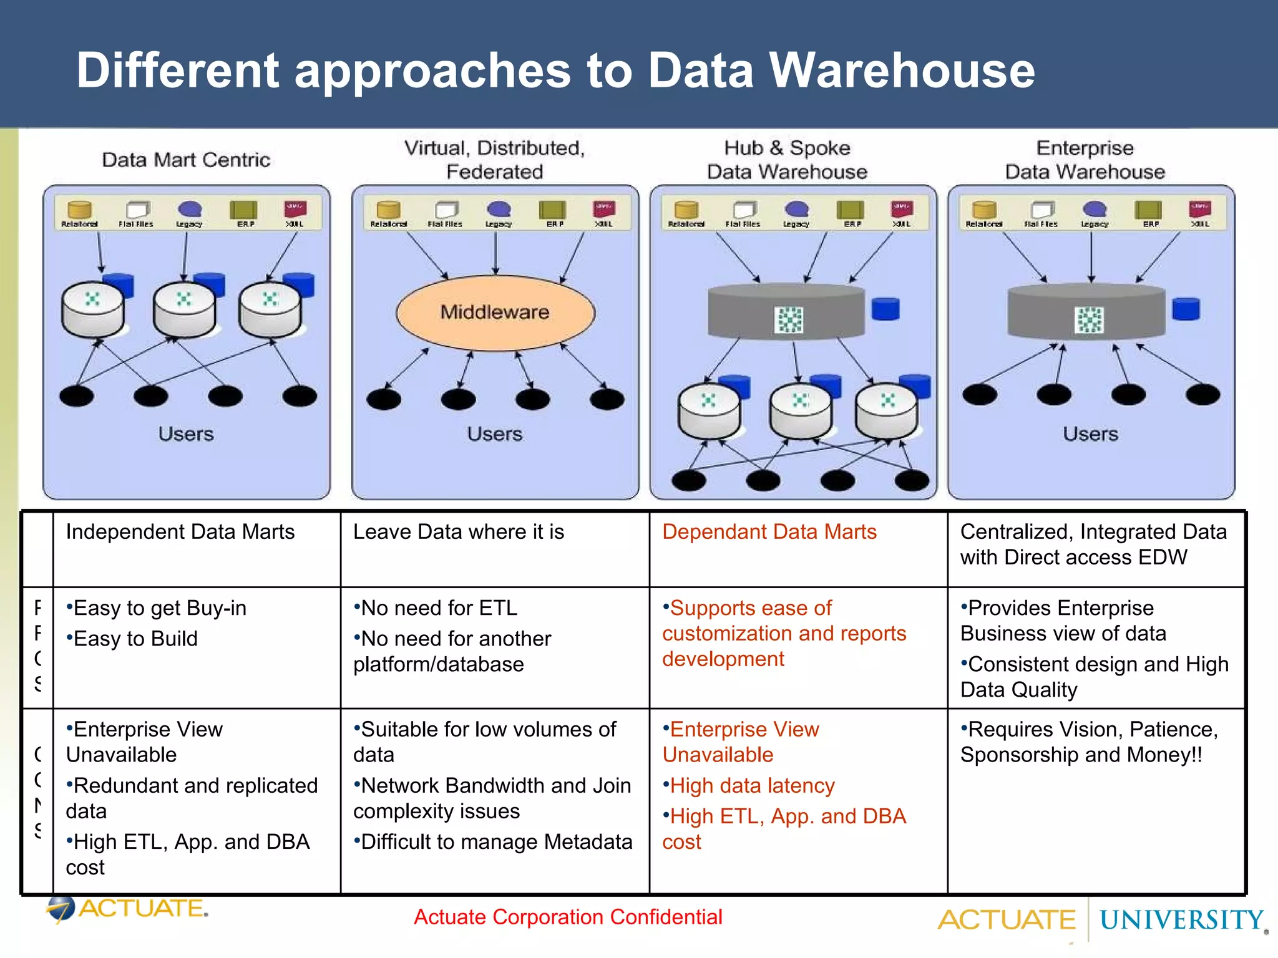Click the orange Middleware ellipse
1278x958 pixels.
point(495,312)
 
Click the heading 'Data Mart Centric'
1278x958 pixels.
point(186,160)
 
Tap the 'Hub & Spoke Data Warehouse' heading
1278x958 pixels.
point(787,160)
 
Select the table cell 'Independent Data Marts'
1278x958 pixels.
point(180,532)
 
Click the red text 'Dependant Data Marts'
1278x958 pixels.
point(769,532)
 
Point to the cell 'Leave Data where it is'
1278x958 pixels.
point(459,532)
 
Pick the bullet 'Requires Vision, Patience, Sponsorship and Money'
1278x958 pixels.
point(1088,742)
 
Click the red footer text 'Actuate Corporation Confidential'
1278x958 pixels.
point(568,917)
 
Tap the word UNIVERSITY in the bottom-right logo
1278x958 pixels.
point(1181,921)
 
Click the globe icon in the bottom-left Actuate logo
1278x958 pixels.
point(61,908)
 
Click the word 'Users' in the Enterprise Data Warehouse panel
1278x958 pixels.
point(1090,433)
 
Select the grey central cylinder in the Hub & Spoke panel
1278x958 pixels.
point(786,312)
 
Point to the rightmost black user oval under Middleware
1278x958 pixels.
point(607,399)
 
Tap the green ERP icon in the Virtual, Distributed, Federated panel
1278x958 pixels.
point(552,210)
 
